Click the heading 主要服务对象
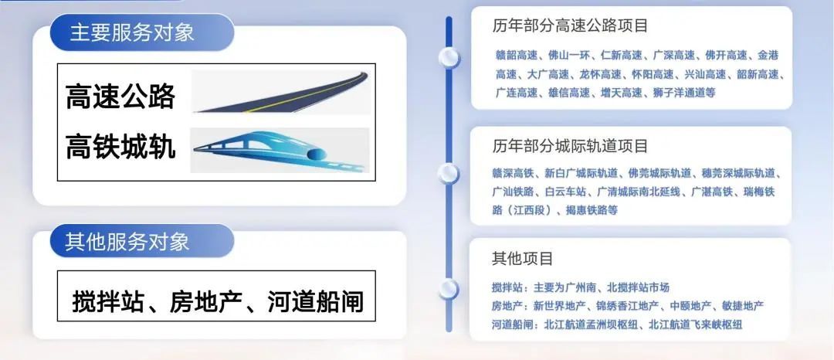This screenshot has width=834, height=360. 131,32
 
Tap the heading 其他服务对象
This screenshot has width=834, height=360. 127,242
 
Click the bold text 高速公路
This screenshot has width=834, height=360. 120,97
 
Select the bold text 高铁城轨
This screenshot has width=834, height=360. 120,146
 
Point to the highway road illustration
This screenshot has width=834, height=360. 280,92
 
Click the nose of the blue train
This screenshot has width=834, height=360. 198,150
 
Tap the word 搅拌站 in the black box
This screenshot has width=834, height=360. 108,302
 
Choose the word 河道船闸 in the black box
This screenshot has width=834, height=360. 316,302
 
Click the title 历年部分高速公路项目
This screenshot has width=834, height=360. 570,25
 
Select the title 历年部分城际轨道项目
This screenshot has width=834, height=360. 570,145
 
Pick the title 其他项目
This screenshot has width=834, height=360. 523,259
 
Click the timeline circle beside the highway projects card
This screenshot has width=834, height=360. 449,57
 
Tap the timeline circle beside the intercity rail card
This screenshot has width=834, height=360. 449,174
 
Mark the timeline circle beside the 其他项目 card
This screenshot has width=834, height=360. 449,289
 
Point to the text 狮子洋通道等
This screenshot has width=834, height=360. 684,93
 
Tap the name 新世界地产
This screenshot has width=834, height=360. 560,306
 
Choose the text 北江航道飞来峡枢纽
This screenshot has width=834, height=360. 695,325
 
